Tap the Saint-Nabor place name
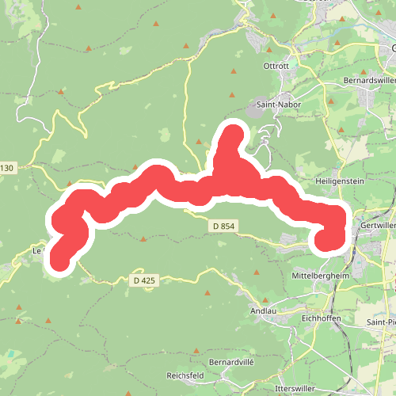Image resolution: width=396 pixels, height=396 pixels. point(272,104)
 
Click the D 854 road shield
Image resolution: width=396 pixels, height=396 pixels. point(224,227)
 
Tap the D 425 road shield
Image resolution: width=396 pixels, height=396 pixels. point(144,280)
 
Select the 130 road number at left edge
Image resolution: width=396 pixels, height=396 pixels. point(7,168)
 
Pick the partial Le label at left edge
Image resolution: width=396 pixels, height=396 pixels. point(36,250)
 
